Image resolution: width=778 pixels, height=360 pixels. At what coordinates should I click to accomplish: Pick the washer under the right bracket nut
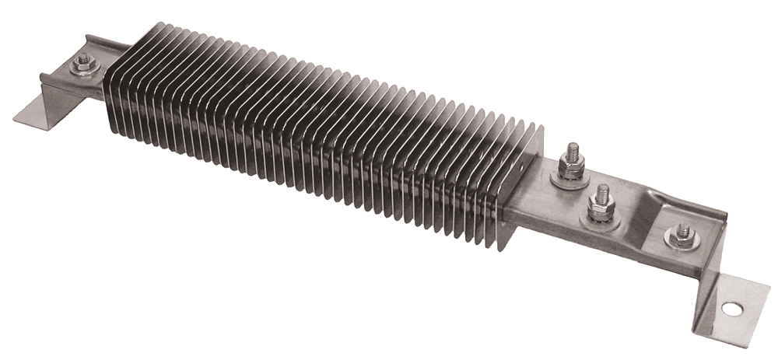pos(682,243)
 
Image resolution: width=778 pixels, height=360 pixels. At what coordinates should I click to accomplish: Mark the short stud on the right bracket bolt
pos(682,229)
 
